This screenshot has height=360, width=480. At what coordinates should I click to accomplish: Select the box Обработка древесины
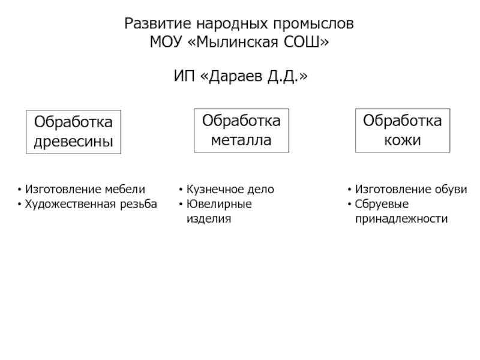coord(73,132)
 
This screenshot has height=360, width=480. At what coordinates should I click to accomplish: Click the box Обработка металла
coord(241,130)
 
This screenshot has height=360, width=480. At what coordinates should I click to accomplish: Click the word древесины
coord(73,143)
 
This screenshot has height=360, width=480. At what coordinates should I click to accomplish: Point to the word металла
coord(241,141)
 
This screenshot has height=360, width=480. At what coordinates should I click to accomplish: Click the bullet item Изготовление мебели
coord(85,190)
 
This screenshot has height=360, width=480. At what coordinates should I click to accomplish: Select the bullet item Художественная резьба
coord(91,205)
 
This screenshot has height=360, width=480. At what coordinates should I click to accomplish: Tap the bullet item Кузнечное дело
coord(230,190)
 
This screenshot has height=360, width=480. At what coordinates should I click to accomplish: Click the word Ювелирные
coord(219,205)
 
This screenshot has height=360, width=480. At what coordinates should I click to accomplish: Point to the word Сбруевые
coord(382,205)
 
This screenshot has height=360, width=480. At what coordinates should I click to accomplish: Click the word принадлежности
coord(401,220)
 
